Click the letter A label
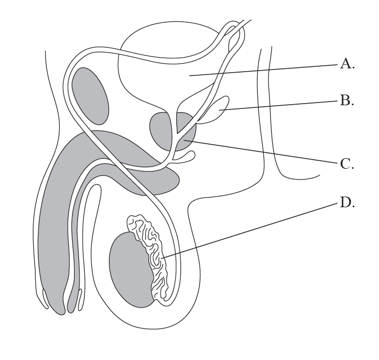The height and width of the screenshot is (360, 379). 347,65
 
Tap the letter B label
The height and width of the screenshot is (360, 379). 347,100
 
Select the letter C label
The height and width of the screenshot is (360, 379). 347,164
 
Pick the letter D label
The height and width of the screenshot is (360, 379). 347,203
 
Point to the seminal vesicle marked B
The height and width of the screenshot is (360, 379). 219,109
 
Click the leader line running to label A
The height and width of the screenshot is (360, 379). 267,71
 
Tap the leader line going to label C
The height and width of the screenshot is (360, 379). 267,152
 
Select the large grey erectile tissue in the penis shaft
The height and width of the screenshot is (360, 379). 53,224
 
